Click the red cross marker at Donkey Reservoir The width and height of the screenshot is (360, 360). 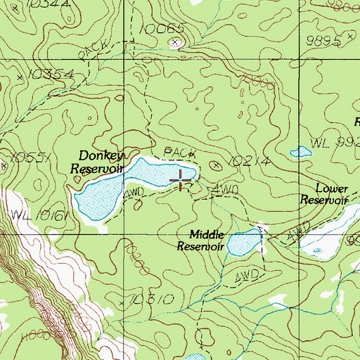[x=181, y=179]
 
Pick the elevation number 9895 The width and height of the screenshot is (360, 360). [x=324, y=41]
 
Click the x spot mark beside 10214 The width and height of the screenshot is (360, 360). [x=217, y=164]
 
